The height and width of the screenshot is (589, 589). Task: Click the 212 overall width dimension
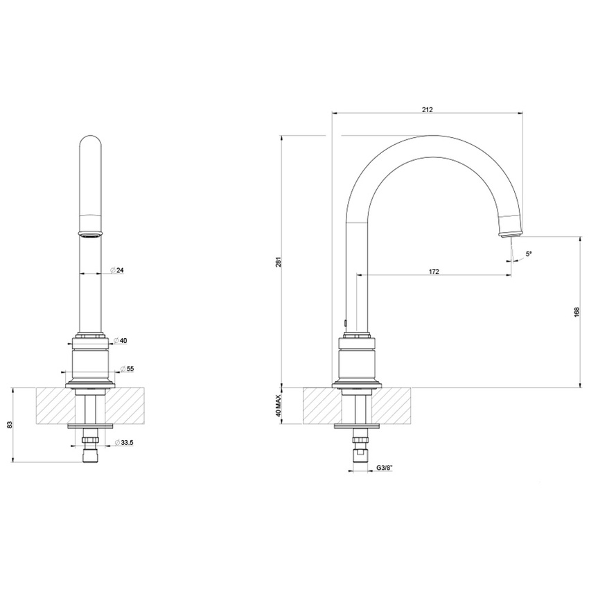pyautogui.click(x=428, y=108)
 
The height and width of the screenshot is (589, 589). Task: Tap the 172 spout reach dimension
pyautogui.click(x=434, y=271)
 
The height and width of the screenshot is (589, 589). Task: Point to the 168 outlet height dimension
pyautogui.click(x=577, y=312)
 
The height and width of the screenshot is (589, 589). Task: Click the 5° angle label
pyautogui.click(x=529, y=254)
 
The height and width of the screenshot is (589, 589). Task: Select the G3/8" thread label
pyautogui.click(x=385, y=469)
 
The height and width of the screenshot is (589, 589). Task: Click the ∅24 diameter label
pyautogui.click(x=118, y=271)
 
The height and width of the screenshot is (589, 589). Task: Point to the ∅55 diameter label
pyautogui.click(x=126, y=368)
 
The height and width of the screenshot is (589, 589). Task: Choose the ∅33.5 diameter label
pyautogui.click(x=125, y=443)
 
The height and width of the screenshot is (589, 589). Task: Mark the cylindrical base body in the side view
pyautogui.click(x=358, y=364)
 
